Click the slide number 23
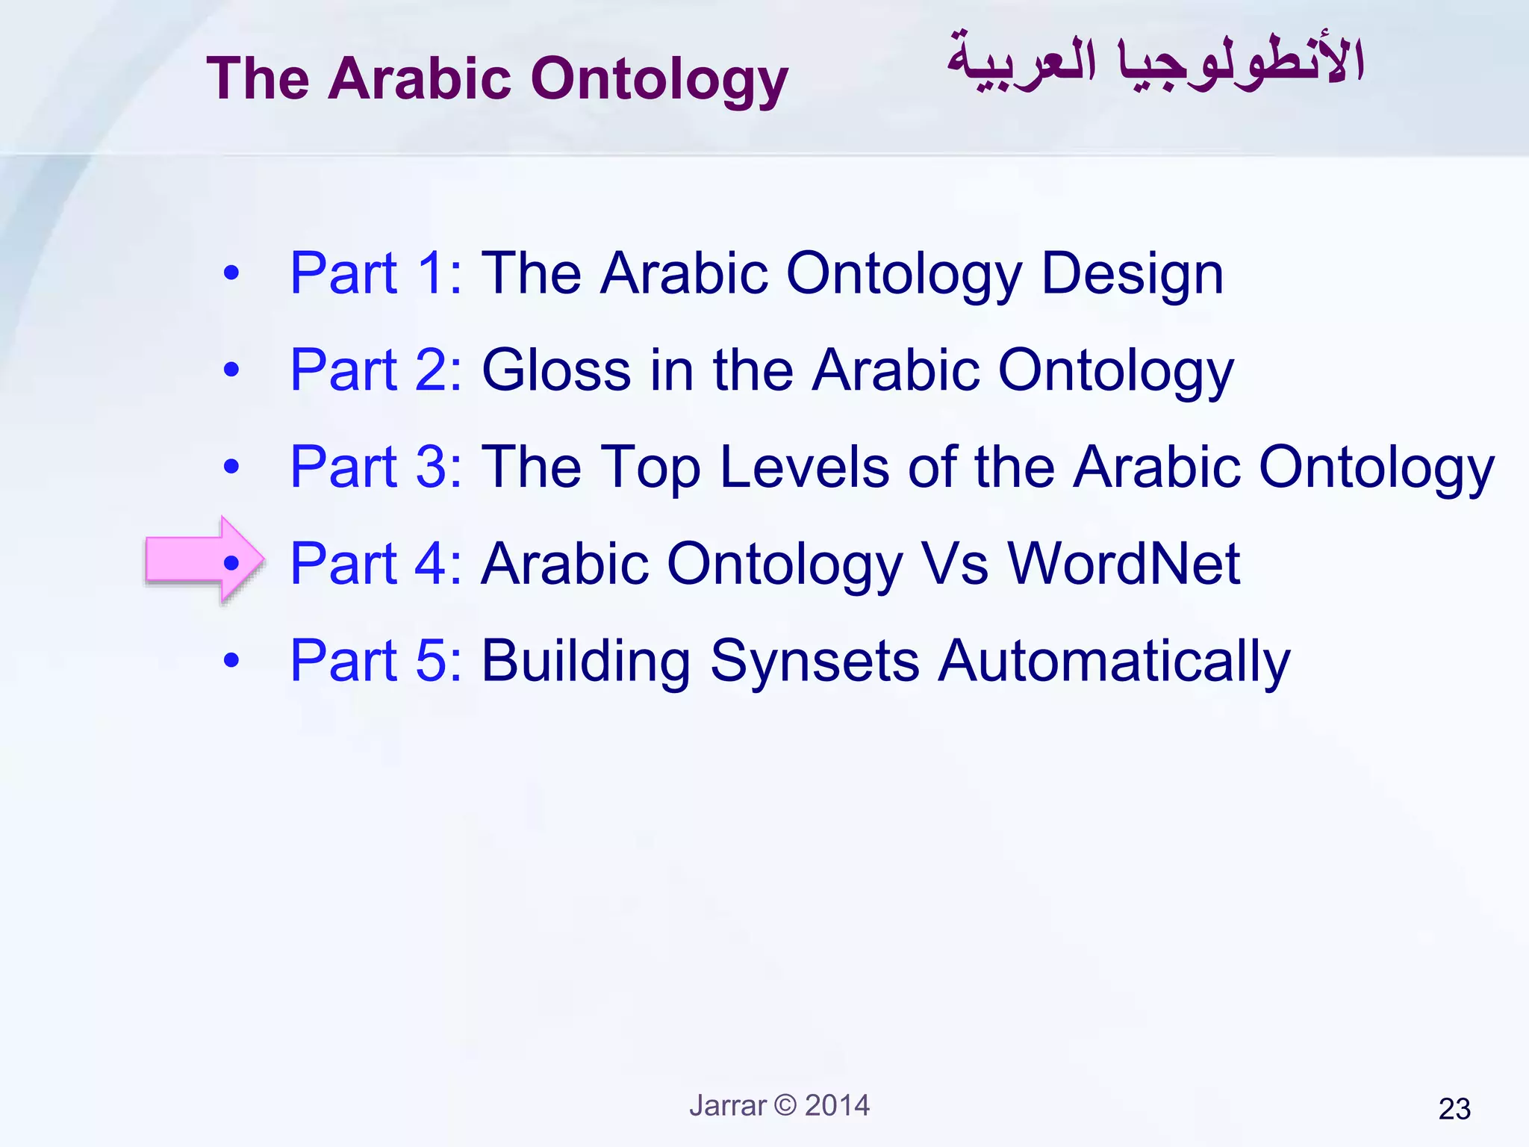coord(1454,1109)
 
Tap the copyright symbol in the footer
coord(785,1104)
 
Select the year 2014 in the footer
coord(837,1105)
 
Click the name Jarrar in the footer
coord(728,1105)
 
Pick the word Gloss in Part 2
coord(556,370)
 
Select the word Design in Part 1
coord(1132,274)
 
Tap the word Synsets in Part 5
coord(815,661)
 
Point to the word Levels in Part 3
coord(804,467)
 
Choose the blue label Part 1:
coord(376,273)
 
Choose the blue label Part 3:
coord(376,467)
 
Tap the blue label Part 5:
coord(376,661)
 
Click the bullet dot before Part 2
coord(231,370)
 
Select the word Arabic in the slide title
coord(420,78)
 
